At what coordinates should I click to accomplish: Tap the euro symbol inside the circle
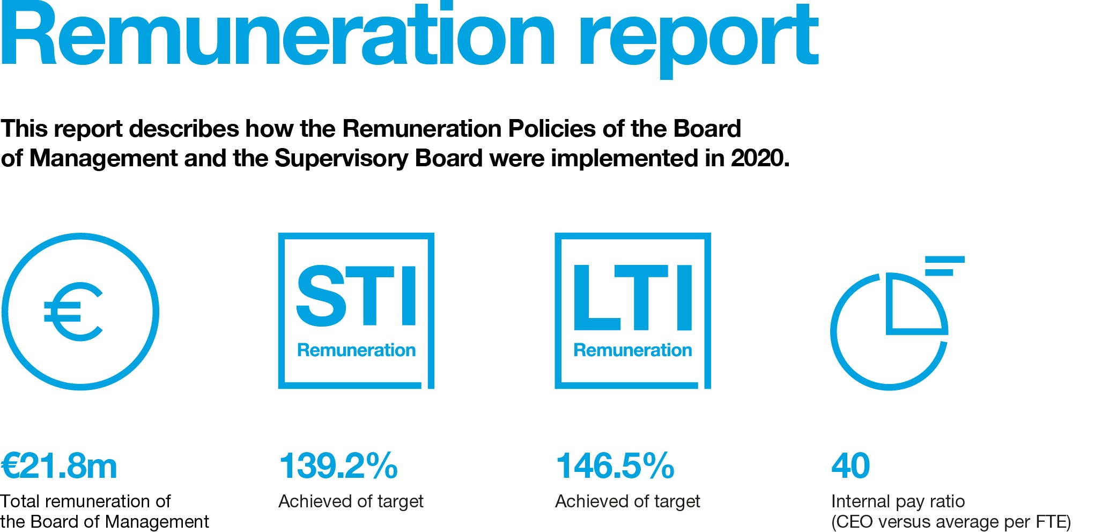pos(73,312)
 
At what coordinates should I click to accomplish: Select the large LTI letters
pos(633,297)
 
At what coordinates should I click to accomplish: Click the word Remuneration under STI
pos(356,350)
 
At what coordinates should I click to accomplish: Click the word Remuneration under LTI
pos(633,350)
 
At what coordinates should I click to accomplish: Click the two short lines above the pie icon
pos(944,266)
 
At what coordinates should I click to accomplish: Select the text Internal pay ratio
pos(898,501)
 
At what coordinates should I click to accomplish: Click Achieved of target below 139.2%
pos(351,501)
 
